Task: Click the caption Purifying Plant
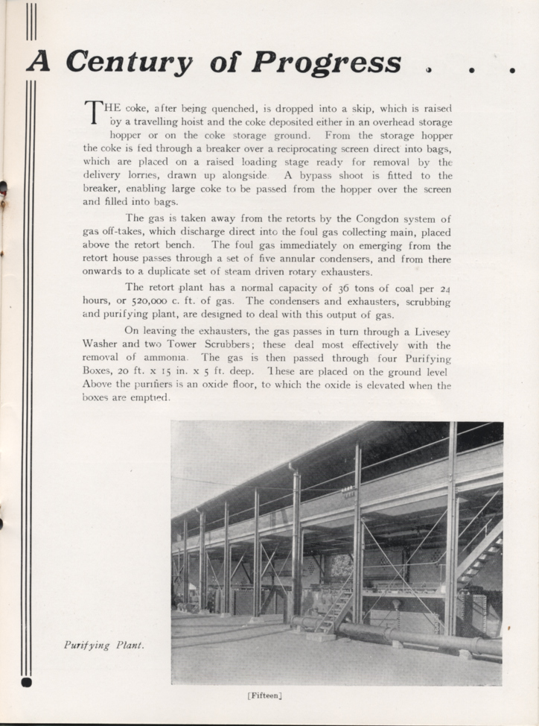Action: tap(103, 645)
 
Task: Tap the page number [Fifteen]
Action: tap(264, 695)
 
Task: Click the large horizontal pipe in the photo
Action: tap(417, 637)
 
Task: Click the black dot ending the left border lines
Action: tap(28, 681)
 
